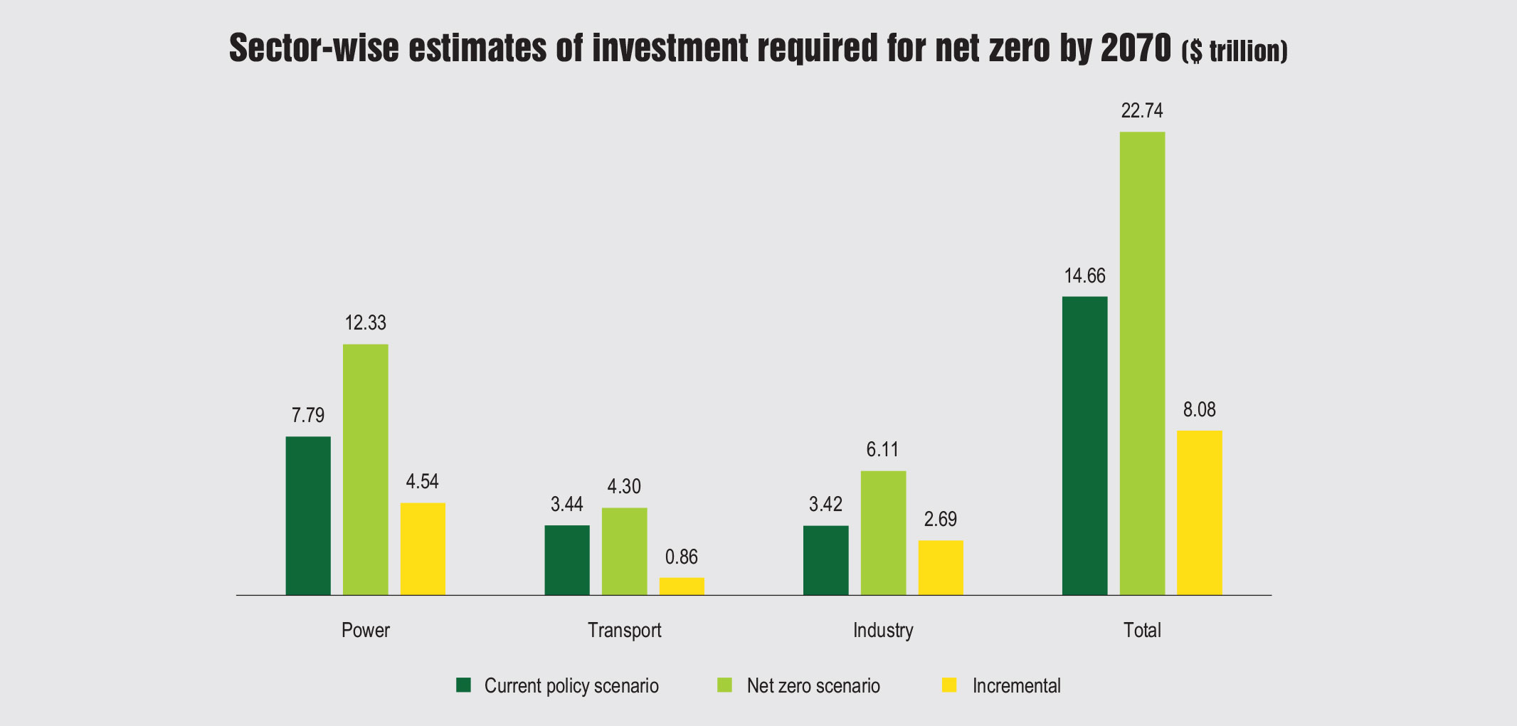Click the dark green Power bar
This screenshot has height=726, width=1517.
tap(308, 515)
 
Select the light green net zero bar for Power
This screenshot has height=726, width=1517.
tap(366, 470)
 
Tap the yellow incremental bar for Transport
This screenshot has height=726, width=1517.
tap(682, 586)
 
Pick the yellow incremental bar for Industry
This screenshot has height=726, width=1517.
tap(941, 568)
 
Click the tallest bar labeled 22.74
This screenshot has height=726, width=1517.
tap(1143, 363)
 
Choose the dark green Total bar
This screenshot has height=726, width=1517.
tap(1085, 446)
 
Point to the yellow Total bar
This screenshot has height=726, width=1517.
tap(1200, 512)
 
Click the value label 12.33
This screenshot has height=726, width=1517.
tap(366, 323)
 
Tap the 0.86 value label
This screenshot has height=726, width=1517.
tap(682, 557)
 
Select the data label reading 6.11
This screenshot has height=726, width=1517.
tap(882, 450)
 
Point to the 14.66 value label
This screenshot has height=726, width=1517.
tap(1085, 275)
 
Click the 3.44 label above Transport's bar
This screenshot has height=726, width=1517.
tap(567, 505)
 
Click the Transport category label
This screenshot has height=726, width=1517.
tap(625, 631)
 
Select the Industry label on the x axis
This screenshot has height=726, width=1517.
tap(883, 631)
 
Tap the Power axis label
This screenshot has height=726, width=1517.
tap(366, 631)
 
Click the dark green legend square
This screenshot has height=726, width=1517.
tap(464, 685)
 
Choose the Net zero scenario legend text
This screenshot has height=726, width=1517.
tap(813, 686)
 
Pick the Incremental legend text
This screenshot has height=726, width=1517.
tap(1016, 686)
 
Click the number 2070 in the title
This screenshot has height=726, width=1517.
tap(1136, 48)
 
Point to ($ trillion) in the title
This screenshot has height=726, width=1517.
tap(1235, 52)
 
